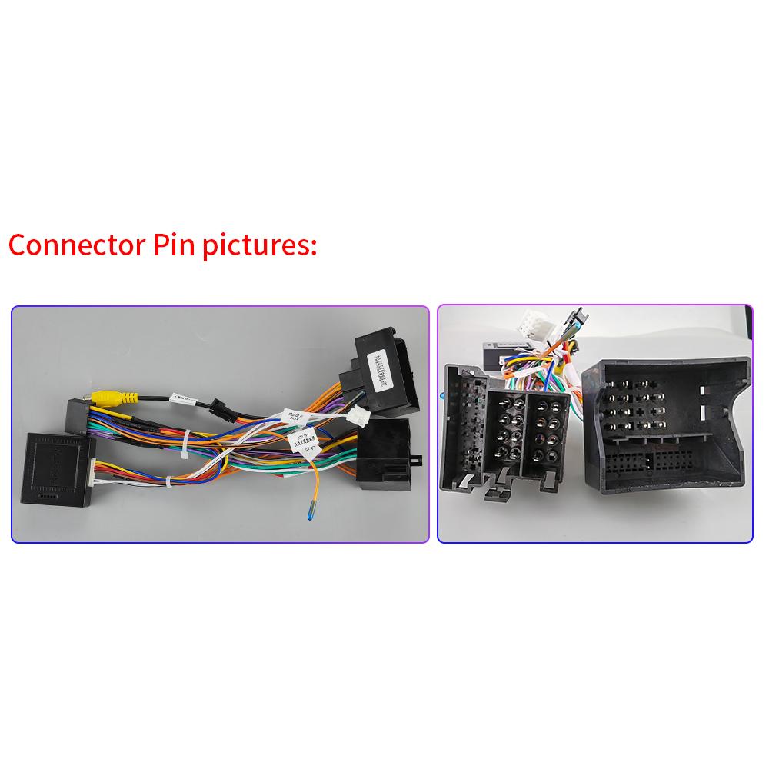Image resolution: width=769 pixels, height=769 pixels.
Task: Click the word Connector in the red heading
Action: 69,246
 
